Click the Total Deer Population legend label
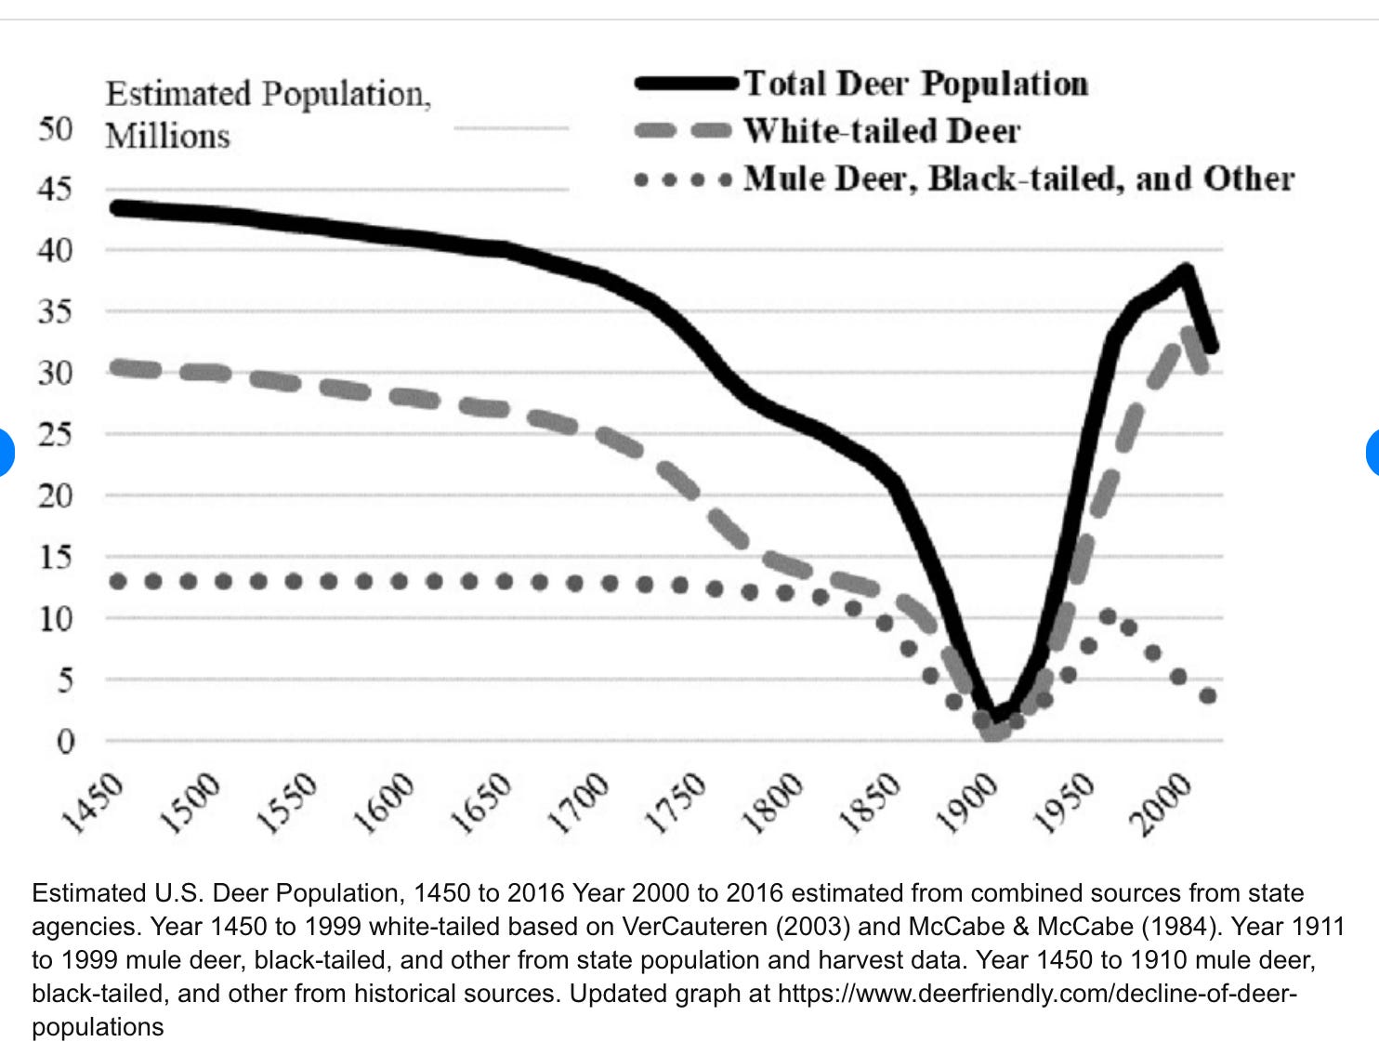pos(915,84)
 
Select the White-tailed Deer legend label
pos(881,131)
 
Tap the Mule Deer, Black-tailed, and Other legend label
pos(1018,178)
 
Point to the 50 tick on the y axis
pos(55,128)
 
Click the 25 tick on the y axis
pos(55,434)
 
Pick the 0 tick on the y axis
pos(64,742)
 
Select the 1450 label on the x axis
pos(93,800)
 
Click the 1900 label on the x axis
pos(967,801)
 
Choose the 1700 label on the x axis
pos(578,801)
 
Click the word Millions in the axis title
pos(167,136)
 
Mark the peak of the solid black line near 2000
pos(1186,270)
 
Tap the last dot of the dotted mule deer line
pos(1208,695)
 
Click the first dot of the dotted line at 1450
pos(118,582)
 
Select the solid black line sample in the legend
pos(686,84)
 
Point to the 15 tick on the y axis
pos(55,558)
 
